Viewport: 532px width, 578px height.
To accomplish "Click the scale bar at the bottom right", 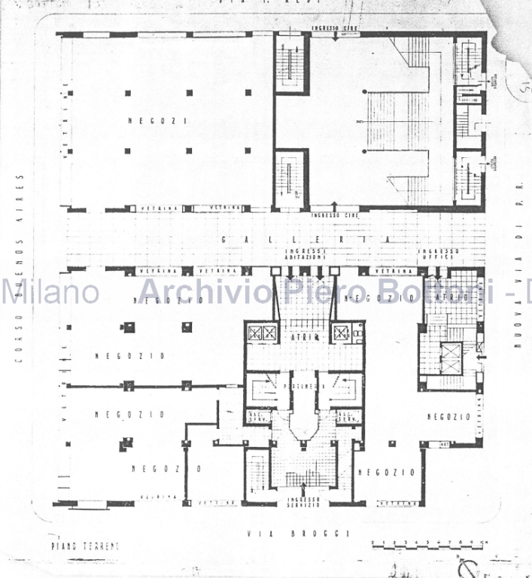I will tap(429, 543).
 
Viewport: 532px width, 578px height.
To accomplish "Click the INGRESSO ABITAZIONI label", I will tap(305, 254).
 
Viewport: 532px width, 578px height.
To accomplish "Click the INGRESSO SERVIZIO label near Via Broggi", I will tap(304, 501).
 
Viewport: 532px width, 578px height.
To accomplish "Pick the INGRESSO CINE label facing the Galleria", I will tap(334, 216).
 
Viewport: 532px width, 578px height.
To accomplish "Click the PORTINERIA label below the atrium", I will tap(304, 386).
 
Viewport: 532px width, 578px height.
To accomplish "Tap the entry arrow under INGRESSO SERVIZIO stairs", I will tap(304, 484).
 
